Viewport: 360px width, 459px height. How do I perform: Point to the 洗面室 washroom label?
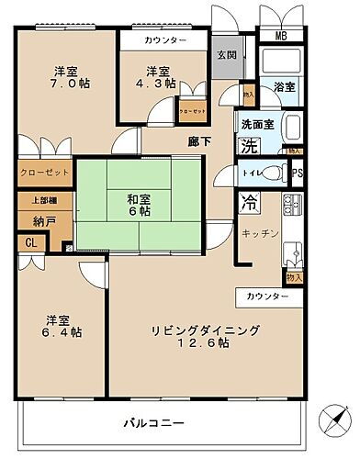[254, 125]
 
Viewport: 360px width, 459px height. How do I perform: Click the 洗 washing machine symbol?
[249, 144]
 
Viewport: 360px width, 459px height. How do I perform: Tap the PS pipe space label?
[297, 173]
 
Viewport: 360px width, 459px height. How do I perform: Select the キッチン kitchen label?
[260, 233]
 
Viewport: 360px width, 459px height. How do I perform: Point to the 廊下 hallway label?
[200, 141]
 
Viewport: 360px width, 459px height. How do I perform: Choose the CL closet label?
[29, 243]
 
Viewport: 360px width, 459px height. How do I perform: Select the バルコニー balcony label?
[153, 423]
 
